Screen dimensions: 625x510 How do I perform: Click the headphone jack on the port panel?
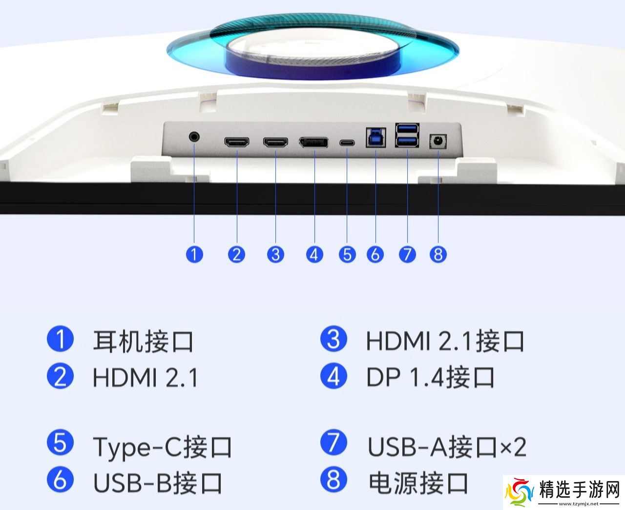click(194, 137)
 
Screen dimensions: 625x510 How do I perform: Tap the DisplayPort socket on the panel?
click(314, 143)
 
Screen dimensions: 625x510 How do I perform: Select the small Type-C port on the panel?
click(347, 143)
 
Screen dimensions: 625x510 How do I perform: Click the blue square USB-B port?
click(376, 138)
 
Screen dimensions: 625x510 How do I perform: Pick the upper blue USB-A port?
click(407, 130)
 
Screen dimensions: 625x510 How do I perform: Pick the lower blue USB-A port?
click(407, 142)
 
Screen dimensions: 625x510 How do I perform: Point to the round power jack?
click(437, 142)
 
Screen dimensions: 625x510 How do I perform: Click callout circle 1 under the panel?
click(194, 254)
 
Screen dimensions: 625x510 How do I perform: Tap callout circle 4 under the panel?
click(314, 254)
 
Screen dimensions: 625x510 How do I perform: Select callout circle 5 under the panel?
click(347, 254)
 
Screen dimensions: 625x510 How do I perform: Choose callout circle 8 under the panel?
click(438, 254)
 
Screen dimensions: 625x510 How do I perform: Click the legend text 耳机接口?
click(143, 342)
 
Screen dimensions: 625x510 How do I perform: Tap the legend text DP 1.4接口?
click(430, 377)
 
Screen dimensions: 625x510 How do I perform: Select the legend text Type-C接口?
click(162, 447)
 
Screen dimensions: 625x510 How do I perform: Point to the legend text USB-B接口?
click(158, 483)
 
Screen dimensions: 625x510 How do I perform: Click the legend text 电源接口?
click(418, 483)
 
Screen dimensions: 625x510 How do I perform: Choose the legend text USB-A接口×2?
click(447, 447)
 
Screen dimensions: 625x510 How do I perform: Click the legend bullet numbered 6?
click(60, 479)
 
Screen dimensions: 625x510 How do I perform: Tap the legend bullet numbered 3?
click(333, 339)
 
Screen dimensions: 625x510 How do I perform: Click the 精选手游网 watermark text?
click(580, 490)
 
